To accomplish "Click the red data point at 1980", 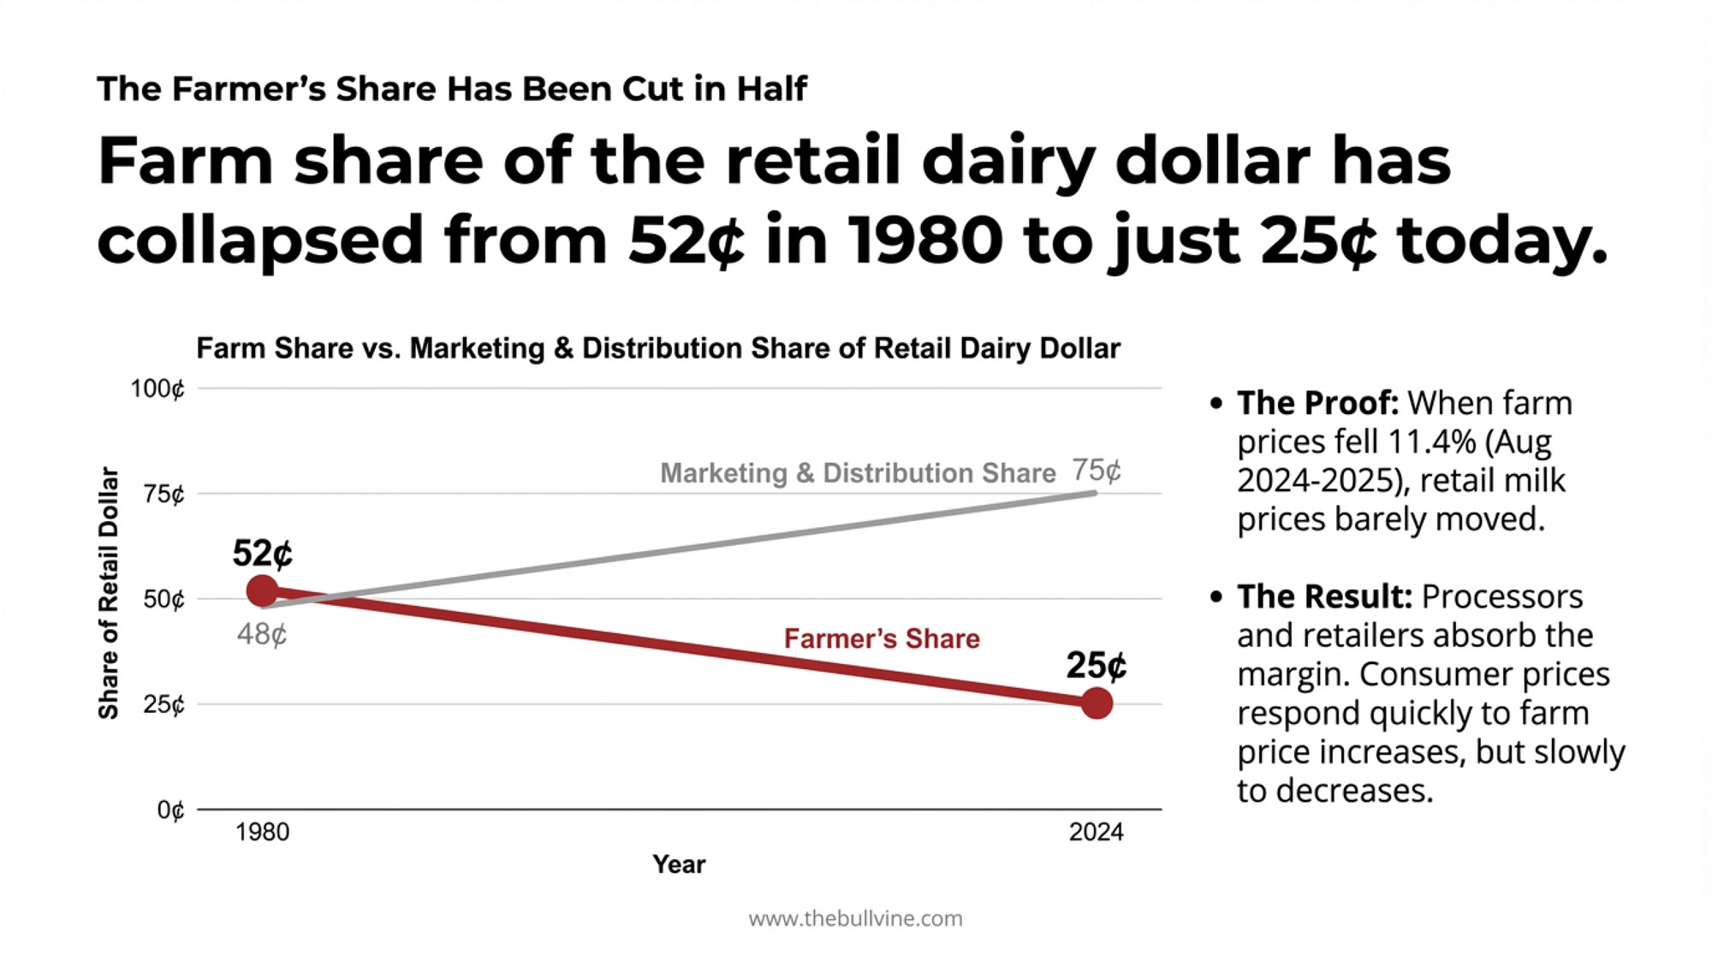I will (262, 590).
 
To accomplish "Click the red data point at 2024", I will (1097, 703).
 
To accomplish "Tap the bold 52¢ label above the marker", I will (262, 554).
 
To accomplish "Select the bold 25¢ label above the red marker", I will (1096, 666).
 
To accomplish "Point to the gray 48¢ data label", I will (262, 634).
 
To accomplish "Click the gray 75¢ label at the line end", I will (1096, 470).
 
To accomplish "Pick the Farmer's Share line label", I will (882, 638).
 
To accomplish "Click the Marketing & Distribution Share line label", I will (858, 473).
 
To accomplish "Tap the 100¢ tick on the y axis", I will (158, 389).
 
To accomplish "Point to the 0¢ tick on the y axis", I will (170, 810).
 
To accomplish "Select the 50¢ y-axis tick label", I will (163, 599).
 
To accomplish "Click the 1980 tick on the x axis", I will (262, 832).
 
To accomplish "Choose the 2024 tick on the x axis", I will (1096, 832).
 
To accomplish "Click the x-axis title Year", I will (679, 864).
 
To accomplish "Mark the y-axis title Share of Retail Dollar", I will (108, 593).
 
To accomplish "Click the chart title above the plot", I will (657, 348).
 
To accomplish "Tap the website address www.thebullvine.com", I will (855, 919).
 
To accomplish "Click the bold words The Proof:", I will (1317, 403).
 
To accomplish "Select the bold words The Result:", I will (1324, 596).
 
